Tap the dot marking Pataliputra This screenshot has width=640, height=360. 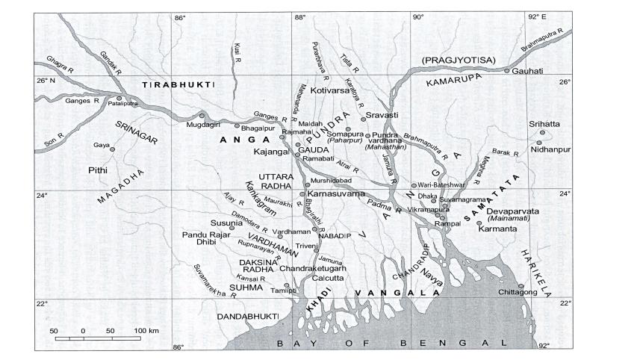pyautogui.click(x=119, y=97)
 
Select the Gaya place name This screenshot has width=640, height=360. pyautogui.click(x=101, y=145)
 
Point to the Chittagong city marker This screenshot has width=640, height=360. pyautogui.click(x=521, y=286)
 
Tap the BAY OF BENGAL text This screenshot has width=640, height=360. pyautogui.click(x=389, y=344)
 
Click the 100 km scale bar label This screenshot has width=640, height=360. pyautogui.click(x=147, y=330)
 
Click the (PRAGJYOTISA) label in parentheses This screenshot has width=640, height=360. pyautogui.click(x=457, y=59)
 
